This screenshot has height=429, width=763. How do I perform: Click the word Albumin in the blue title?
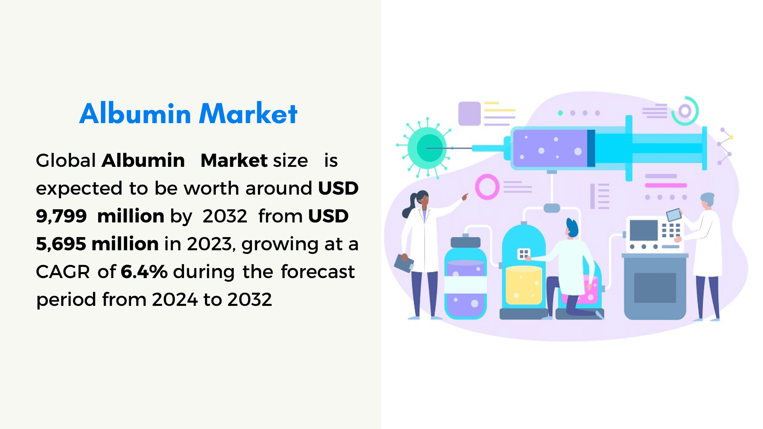pyautogui.click(x=135, y=114)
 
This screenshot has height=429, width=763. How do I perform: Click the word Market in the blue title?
pyautogui.click(x=248, y=114)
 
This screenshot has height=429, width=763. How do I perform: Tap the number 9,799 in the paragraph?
pyautogui.click(x=61, y=216)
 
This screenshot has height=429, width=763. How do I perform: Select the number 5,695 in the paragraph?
pyautogui.click(x=61, y=244)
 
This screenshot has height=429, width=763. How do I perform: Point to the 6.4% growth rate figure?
pyautogui.click(x=144, y=272)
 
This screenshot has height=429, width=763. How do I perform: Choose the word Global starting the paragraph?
pyautogui.click(x=66, y=160)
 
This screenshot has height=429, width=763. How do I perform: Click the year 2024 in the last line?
pyautogui.click(x=175, y=300)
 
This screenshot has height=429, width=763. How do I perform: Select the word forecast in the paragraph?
pyautogui.click(x=318, y=272)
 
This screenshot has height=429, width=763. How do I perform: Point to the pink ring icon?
pyautogui.click(x=487, y=186)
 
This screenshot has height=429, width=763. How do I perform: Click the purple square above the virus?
pyautogui.click(x=470, y=114)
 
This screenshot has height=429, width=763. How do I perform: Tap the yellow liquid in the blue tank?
pyautogui.click(x=523, y=286)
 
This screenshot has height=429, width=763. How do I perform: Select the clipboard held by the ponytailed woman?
pyautogui.click(x=404, y=263)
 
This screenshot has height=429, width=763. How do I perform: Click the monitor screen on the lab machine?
pyautogui.click(x=644, y=230)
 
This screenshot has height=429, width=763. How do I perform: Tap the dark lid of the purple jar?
pyautogui.click(x=465, y=242)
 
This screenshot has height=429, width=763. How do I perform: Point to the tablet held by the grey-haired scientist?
pyautogui.click(x=674, y=215)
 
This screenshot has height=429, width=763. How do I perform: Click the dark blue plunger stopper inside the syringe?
pyautogui.click(x=591, y=148)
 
